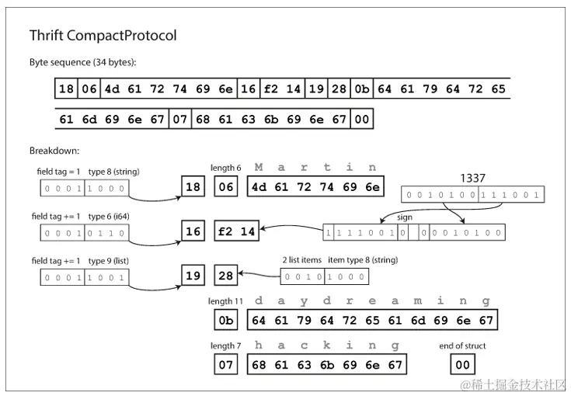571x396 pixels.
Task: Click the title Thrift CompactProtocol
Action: (x=103, y=36)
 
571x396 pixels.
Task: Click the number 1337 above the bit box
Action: (x=472, y=178)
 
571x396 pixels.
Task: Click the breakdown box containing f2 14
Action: (x=236, y=231)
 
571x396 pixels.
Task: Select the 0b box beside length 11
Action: (x=226, y=320)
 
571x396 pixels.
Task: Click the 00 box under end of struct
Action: (x=463, y=363)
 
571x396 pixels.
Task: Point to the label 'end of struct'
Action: (x=464, y=346)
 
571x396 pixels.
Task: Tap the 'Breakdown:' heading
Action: (x=54, y=150)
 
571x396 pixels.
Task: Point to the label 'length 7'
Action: (x=225, y=346)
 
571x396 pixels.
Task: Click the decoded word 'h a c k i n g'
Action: (x=328, y=345)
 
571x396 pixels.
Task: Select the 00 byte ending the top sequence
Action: (x=363, y=120)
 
